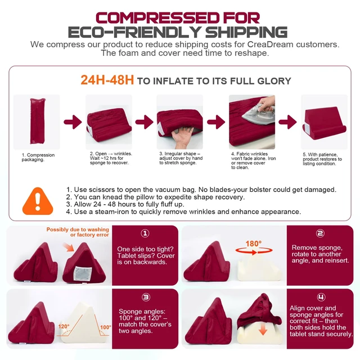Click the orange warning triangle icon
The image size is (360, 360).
pyautogui.click(x=38, y=202)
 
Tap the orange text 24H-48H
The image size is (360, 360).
pyautogui.click(x=107, y=80)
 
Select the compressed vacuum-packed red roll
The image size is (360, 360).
pyautogui.click(x=38, y=121)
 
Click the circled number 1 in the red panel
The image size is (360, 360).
pyautogui.click(x=145, y=233)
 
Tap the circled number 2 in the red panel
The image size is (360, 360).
pyautogui.click(x=320, y=233)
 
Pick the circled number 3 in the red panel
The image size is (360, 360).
pyautogui.click(x=146, y=298)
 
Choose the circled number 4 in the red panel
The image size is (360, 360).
pyautogui.click(x=321, y=298)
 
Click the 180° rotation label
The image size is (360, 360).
pyautogui.click(x=254, y=244)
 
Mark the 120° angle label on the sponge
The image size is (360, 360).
pyautogui.click(x=64, y=326)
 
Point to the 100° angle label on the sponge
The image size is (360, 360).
pyautogui.click(x=106, y=327)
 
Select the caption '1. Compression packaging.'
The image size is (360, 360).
pyautogui.click(x=38, y=157)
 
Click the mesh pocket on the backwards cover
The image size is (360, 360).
pyautogui.click(x=83, y=274)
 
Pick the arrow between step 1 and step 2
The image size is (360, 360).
pyautogui.click(x=73, y=122)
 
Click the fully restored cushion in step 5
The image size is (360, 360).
pyautogui.click(x=324, y=123)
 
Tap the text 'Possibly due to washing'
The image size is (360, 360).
pyautogui.click(x=78, y=229)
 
